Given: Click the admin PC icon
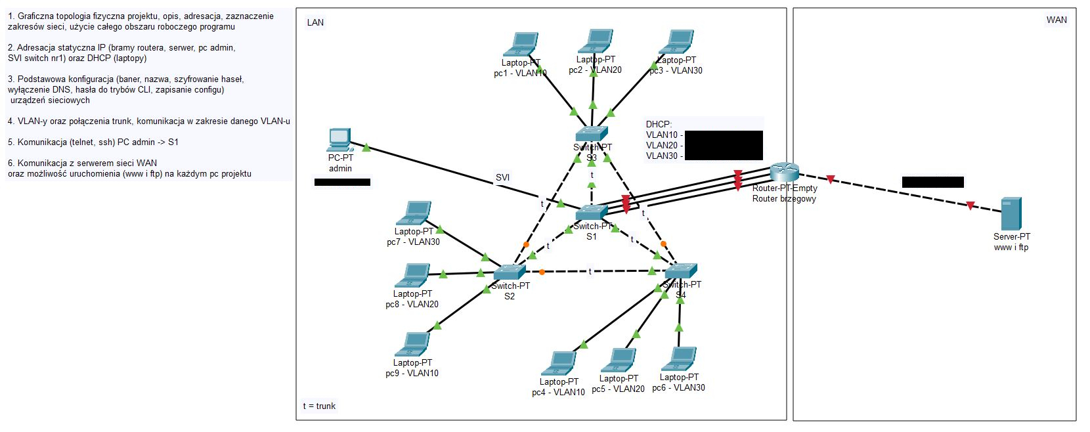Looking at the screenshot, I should click(x=339, y=139).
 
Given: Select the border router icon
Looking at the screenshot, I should click(x=784, y=172).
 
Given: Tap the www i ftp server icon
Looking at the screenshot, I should click(x=1011, y=214).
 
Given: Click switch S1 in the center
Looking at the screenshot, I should click(x=592, y=213).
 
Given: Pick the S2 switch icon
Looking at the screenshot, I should click(x=510, y=272).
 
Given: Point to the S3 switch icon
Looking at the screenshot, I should click(x=592, y=134).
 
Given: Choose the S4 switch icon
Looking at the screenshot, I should click(x=681, y=270).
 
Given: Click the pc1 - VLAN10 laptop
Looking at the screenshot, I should click(x=521, y=45).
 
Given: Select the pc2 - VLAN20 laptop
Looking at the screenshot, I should click(x=595, y=41).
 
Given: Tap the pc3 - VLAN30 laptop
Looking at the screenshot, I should click(x=676, y=42).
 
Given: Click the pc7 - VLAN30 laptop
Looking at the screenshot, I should click(x=414, y=213).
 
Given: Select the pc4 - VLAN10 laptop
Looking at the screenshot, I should click(x=559, y=363).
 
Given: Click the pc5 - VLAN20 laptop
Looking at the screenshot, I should click(x=619, y=360).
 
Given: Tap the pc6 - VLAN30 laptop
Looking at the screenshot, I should click(x=679, y=359).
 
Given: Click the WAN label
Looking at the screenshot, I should click(x=1056, y=20).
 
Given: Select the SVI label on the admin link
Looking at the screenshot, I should click(x=502, y=177).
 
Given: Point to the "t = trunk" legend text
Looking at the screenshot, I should click(x=319, y=406).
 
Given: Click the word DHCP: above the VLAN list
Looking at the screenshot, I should click(x=659, y=124).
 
